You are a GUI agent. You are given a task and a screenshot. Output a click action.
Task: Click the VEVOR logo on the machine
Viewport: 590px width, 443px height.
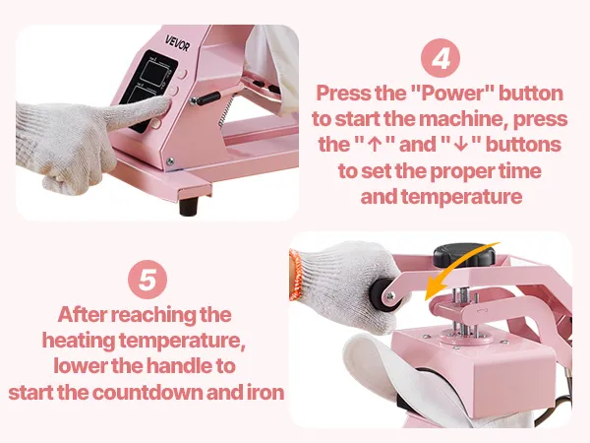pyautogui.click(x=178, y=43)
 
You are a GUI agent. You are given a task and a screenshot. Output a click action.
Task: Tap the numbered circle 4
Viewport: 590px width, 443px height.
pyautogui.click(x=441, y=58)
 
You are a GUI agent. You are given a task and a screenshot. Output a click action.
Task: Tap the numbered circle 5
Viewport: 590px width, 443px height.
pyautogui.click(x=147, y=280)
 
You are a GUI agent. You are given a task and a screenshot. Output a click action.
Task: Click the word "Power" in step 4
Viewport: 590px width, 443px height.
pyautogui.click(x=452, y=94)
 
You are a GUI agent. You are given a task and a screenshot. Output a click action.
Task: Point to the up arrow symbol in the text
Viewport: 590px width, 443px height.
pyautogui.click(x=374, y=146)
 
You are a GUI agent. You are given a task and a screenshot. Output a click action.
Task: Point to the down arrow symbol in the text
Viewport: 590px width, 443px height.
pyautogui.click(x=460, y=146)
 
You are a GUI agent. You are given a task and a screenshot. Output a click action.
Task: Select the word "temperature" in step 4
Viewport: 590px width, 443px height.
pyautogui.click(x=462, y=197)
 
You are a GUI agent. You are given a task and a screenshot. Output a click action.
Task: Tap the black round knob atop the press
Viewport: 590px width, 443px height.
pyautogui.click(x=464, y=255)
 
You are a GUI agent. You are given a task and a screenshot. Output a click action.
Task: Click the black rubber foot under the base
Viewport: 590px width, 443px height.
pyautogui.click(x=189, y=206)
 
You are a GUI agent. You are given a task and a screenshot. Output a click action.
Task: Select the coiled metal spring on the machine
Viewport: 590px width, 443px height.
pyautogui.click(x=226, y=111)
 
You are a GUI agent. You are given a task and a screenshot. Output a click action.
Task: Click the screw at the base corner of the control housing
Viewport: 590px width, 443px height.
pyautogui.click(x=170, y=161)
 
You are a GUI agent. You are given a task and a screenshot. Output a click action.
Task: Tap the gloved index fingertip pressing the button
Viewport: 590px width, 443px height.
pyautogui.click(x=164, y=102)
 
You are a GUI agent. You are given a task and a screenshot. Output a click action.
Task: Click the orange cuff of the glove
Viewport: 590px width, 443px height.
pyautogui.click(x=295, y=275)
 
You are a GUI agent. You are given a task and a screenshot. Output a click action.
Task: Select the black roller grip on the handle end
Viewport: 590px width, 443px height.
pyautogui.click(x=380, y=293)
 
